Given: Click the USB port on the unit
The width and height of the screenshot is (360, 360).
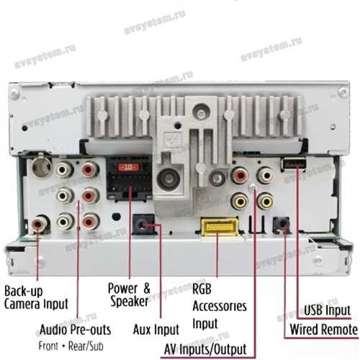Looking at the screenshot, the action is tap(293, 164).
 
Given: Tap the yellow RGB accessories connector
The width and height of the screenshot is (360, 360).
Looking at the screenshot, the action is tap(220, 227).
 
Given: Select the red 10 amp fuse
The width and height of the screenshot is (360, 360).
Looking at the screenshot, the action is tap(129, 167).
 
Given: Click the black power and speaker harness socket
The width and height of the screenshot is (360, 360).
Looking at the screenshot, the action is tap(129, 178).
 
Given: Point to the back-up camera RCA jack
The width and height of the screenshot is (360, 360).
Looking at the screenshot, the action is tap(40, 224).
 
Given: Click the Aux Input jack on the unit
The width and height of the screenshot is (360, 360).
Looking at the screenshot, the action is tap(143, 225).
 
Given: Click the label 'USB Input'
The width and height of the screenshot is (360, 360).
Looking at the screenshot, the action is tap(328, 310).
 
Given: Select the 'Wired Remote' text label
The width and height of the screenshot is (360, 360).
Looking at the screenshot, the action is tap(324, 329).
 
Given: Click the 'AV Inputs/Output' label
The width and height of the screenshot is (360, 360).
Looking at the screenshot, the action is tap(205, 349).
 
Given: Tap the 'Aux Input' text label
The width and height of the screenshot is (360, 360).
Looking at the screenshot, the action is tap(156, 329).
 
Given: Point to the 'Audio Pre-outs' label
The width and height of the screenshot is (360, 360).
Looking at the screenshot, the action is tap(76, 329).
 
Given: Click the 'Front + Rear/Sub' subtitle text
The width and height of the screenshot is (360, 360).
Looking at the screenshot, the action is tap(71, 346).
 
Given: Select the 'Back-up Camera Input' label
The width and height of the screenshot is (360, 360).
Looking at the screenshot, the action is tap(36, 297).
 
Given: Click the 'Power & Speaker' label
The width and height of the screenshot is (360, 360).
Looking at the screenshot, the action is tap(129, 294).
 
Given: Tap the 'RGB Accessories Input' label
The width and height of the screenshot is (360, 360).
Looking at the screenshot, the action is tap(220, 306).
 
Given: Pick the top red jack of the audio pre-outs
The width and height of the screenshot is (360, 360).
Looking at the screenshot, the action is tap(90, 169).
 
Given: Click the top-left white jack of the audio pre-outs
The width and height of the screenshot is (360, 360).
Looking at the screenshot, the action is tap(64, 169).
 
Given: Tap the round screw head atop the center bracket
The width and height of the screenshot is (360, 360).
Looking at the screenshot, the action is tap(202, 112).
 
